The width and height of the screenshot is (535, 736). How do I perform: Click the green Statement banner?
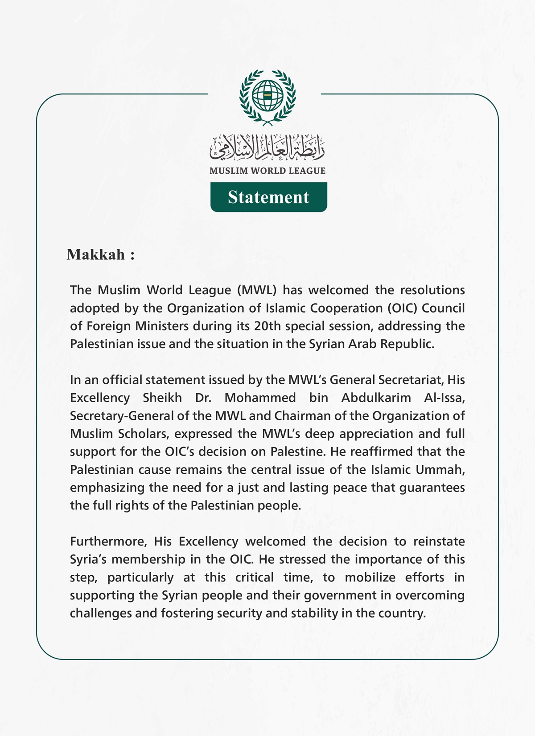coord(268,197)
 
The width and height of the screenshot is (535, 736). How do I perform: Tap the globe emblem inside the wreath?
coord(267,95)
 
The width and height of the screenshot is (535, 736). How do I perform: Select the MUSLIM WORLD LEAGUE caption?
coord(267,171)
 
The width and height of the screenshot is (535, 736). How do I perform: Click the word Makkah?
coord(96,254)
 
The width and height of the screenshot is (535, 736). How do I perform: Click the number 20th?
coord(267,326)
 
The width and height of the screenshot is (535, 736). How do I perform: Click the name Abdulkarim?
coord(376,398)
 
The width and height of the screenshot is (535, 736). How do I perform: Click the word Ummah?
coord(440,469)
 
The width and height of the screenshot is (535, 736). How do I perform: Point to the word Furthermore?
coord(108,541)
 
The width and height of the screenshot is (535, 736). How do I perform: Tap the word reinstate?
coord(439,541)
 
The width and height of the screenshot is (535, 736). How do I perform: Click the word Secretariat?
coord(410,380)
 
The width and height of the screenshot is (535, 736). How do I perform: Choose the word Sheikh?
coord(162,398)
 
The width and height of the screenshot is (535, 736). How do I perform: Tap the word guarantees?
coord(432,488)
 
